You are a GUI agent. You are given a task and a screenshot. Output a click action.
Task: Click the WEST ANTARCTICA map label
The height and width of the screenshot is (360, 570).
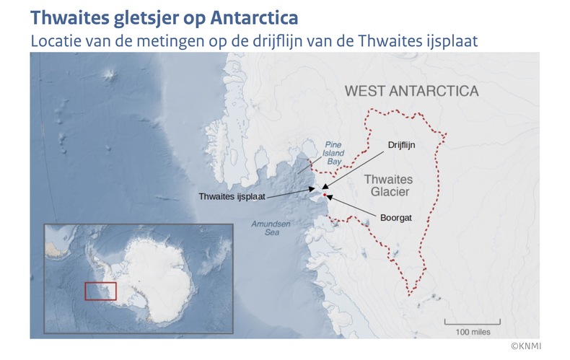pyautogui.click(x=411, y=92)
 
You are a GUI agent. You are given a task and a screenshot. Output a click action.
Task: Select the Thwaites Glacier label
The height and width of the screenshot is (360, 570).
pyautogui.click(x=387, y=185)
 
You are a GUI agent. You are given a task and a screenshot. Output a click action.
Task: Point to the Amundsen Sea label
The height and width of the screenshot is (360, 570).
pyautogui.click(x=271, y=229)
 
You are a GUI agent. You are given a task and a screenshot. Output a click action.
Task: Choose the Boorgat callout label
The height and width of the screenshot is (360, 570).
pyautogui.click(x=395, y=216)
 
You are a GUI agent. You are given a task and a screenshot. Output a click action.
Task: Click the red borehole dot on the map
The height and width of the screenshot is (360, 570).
pyautogui.click(x=325, y=195)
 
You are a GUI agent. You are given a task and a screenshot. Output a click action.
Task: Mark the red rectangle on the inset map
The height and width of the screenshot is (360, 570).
pyautogui.click(x=100, y=291)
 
